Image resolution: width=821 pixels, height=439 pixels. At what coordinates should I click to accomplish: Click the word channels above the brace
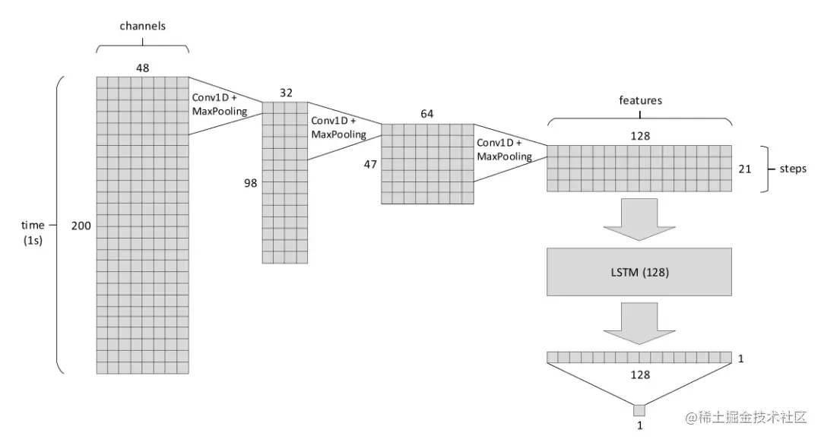click(x=142, y=26)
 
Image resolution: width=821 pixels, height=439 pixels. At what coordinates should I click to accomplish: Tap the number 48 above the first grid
click(x=142, y=68)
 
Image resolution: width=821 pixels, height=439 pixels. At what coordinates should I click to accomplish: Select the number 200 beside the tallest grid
click(x=81, y=226)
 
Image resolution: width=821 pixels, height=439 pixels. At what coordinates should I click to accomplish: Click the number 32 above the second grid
click(x=285, y=93)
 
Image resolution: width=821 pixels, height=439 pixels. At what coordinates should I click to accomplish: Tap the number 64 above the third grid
click(x=426, y=114)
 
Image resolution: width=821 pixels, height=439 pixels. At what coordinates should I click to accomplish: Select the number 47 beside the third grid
click(x=369, y=163)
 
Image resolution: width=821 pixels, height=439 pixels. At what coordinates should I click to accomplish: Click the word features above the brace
click(x=640, y=100)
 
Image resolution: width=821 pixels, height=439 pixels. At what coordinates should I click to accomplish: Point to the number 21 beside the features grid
click(x=745, y=169)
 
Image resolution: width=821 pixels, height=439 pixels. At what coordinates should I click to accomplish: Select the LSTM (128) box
click(x=639, y=271)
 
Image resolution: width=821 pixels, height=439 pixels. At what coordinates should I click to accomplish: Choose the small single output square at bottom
click(x=639, y=411)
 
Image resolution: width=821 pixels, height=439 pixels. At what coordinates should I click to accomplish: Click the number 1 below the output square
click(x=639, y=427)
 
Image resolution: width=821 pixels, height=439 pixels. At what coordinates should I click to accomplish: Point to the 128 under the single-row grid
click(x=639, y=374)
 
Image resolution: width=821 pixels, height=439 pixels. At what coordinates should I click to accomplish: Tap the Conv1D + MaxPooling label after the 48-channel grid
click(x=220, y=104)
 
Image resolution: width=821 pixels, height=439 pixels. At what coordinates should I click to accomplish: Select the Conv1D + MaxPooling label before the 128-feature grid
click(x=504, y=150)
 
